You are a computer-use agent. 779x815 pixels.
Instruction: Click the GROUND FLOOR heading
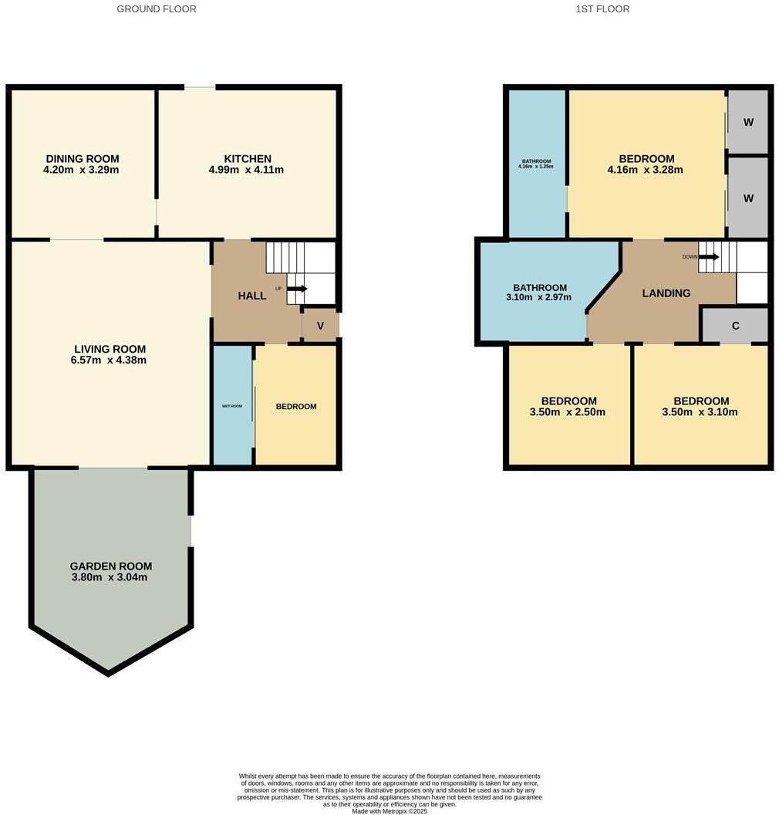point(157,9)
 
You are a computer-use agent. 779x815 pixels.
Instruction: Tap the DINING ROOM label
point(81,159)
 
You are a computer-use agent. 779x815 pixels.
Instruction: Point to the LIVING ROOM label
point(110,349)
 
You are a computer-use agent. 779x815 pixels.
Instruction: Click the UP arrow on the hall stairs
point(297,289)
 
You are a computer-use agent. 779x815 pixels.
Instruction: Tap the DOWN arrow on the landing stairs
point(709,257)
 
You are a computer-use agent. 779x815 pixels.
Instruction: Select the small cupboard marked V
point(320,325)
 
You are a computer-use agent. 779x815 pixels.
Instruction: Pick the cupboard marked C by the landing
point(735,326)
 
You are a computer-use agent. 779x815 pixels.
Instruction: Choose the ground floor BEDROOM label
point(296,406)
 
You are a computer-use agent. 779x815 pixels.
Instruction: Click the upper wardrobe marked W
point(748,122)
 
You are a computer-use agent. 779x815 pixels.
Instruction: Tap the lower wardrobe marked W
point(748,198)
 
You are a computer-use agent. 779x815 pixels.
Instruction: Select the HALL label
point(251,296)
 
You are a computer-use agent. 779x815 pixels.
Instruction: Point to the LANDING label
point(666,293)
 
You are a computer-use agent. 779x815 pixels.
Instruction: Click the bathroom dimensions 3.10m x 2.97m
point(538,297)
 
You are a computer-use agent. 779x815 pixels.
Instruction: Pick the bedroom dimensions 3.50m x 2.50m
point(568,412)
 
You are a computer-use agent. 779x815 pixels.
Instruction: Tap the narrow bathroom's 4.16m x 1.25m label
point(536,167)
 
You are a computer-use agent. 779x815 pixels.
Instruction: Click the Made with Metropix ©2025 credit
point(389,811)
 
